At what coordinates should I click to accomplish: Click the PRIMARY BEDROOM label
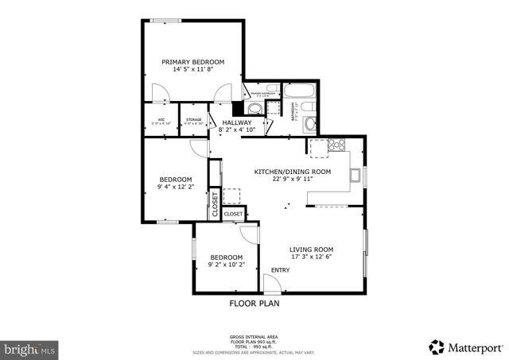point(192,61)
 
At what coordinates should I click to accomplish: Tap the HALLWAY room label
point(236,122)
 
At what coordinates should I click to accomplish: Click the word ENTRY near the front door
point(281,270)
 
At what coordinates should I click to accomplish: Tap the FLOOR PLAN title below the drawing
point(254,303)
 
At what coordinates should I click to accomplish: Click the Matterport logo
point(465,346)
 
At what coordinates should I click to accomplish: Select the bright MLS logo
point(30,348)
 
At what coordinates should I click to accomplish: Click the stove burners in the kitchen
point(336,145)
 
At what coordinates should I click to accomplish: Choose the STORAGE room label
point(193,120)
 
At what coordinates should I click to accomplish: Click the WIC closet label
point(161,120)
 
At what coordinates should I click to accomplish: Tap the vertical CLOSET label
point(215,204)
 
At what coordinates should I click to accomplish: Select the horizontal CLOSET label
point(233,214)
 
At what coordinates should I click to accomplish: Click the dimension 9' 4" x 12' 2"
point(175,188)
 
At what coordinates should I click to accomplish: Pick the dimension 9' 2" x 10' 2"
point(227,265)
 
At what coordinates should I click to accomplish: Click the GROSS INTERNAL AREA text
point(254,337)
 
